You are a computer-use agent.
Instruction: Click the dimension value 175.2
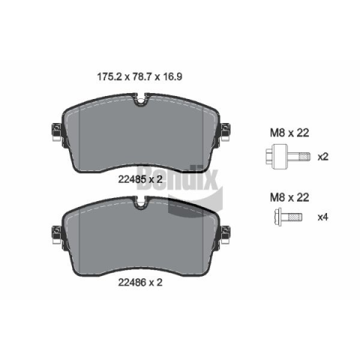pyautogui.click(x=109, y=76)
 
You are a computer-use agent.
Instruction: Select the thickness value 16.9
pyautogui.click(x=172, y=76)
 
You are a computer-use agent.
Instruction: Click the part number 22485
pyautogui.click(x=132, y=179)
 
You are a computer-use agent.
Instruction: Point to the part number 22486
pyautogui.click(x=132, y=282)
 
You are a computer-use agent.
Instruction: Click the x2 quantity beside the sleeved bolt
pyautogui.click(x=322, y=157)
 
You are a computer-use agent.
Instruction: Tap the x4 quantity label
pyautogui.click(x=322, y=217)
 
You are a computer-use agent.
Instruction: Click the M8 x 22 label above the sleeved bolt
pyautogui.click(x=289, y=133)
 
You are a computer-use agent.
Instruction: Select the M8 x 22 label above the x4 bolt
pyautogui.click(x=289, y=197)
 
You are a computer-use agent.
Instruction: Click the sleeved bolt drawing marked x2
pyautogui.click(x=288, y=157)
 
